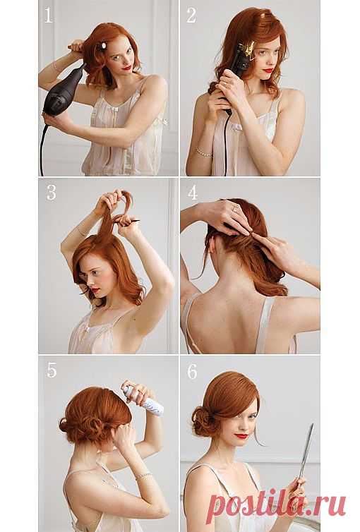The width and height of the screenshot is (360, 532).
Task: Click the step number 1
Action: (x=49, y=16)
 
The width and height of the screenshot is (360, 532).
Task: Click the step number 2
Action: (x=191, y=16)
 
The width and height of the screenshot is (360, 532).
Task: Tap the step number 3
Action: (x=52, y=193)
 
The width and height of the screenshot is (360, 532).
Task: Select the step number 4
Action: (x=193, y=193)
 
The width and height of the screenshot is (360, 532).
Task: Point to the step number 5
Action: (x=52, y=370)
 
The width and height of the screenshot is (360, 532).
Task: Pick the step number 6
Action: (x=192, y=372)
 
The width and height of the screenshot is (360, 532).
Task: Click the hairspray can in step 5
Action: (x=143, y=399)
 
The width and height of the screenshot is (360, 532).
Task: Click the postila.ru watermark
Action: (x=276, y=505)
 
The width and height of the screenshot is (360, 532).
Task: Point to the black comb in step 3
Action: (x=127, y=222)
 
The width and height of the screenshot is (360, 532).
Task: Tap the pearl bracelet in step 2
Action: (x=203, y=152)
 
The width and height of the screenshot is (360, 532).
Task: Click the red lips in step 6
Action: (x=241, y=435)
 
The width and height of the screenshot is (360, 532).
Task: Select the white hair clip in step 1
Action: (x=102, y=46)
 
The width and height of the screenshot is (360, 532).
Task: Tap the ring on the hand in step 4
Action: (x=235, y=207)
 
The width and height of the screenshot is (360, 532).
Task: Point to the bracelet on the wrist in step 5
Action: (x=143, y=476)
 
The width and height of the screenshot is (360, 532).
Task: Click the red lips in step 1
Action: (x=127, y=68)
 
